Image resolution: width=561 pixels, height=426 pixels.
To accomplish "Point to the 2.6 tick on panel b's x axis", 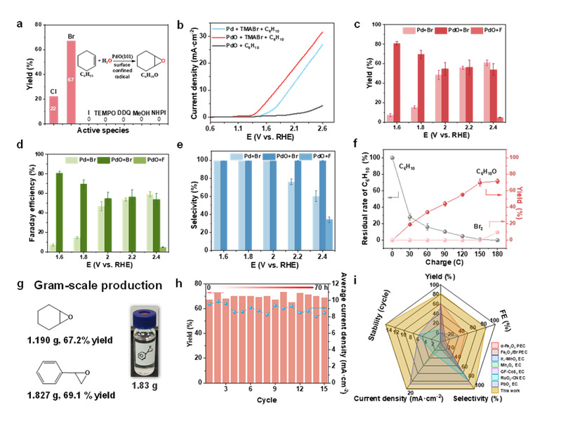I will point(361,128).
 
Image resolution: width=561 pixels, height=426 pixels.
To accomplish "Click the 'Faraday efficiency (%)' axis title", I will point(11,202).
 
